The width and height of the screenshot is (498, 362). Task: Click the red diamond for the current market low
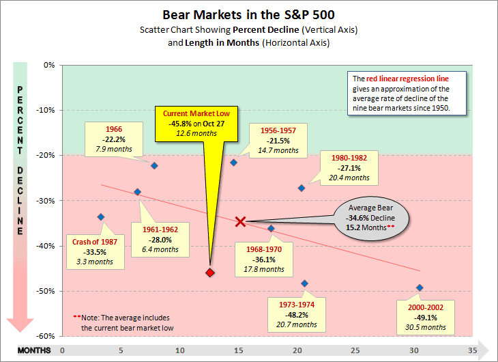[210, 273]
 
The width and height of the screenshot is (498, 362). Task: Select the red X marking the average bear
[240, 221]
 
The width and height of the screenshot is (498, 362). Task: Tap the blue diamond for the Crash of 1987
[101, 217]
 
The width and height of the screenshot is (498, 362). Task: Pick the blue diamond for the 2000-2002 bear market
[420, 288]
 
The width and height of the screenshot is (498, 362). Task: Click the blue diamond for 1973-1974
[304, 283]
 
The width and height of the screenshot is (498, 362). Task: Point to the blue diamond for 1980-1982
[301, 188]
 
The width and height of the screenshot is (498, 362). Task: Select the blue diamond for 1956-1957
[233, 163]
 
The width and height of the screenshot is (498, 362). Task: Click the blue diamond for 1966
[154, 166]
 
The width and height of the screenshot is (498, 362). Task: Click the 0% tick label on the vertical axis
[48, 66]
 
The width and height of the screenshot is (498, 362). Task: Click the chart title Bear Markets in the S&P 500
[249, 14]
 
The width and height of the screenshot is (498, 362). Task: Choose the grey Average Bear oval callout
[372, 222]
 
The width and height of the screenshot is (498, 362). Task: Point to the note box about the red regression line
[407, 93]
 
